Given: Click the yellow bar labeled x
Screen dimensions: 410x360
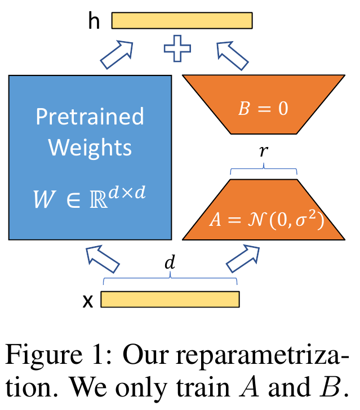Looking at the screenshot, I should point(170,300).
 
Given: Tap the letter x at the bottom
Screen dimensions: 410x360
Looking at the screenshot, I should point(88,301).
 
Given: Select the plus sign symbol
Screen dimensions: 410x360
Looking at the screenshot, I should point(177,49).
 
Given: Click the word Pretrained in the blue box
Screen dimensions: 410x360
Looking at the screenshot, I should point(90,117).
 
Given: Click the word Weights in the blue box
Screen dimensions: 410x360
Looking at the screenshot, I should point(90,148).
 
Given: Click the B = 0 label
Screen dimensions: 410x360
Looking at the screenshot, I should point(263,108).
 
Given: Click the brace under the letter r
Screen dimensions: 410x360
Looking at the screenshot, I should point(264,169).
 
